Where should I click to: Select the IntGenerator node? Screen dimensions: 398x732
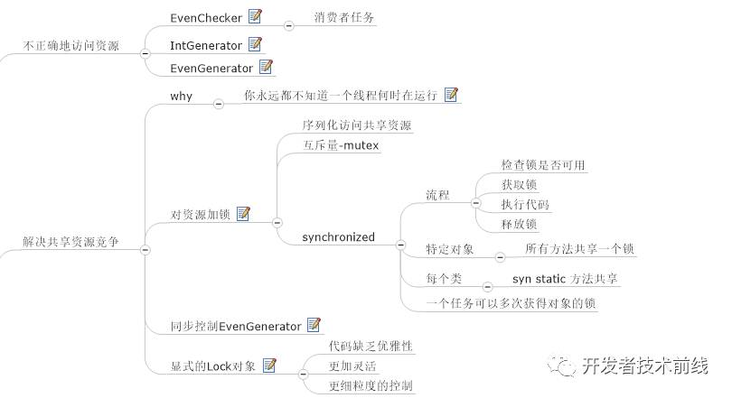pos(206,44)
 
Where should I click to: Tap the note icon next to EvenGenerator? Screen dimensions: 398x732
pos(267,66)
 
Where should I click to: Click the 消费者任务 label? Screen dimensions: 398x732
pos(344,17)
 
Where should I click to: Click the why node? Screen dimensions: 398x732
pos(181,96)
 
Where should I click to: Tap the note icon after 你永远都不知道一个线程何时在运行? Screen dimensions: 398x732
pos(452,94)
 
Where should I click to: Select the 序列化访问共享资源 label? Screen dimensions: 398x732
pos(356,125)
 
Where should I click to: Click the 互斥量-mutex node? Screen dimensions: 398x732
pos(341,145)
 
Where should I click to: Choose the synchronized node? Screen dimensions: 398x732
pos(338,237)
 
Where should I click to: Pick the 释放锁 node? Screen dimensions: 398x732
pos(519,224)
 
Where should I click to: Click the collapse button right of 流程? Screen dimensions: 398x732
pos(476,204)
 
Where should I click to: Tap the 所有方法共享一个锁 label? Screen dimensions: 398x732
pos(579,248)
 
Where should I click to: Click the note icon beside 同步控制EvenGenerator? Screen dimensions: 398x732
pos(314,325)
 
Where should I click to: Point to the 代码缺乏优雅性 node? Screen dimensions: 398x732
pos(371,346)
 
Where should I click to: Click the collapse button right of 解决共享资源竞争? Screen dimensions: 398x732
pos(145,249)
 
